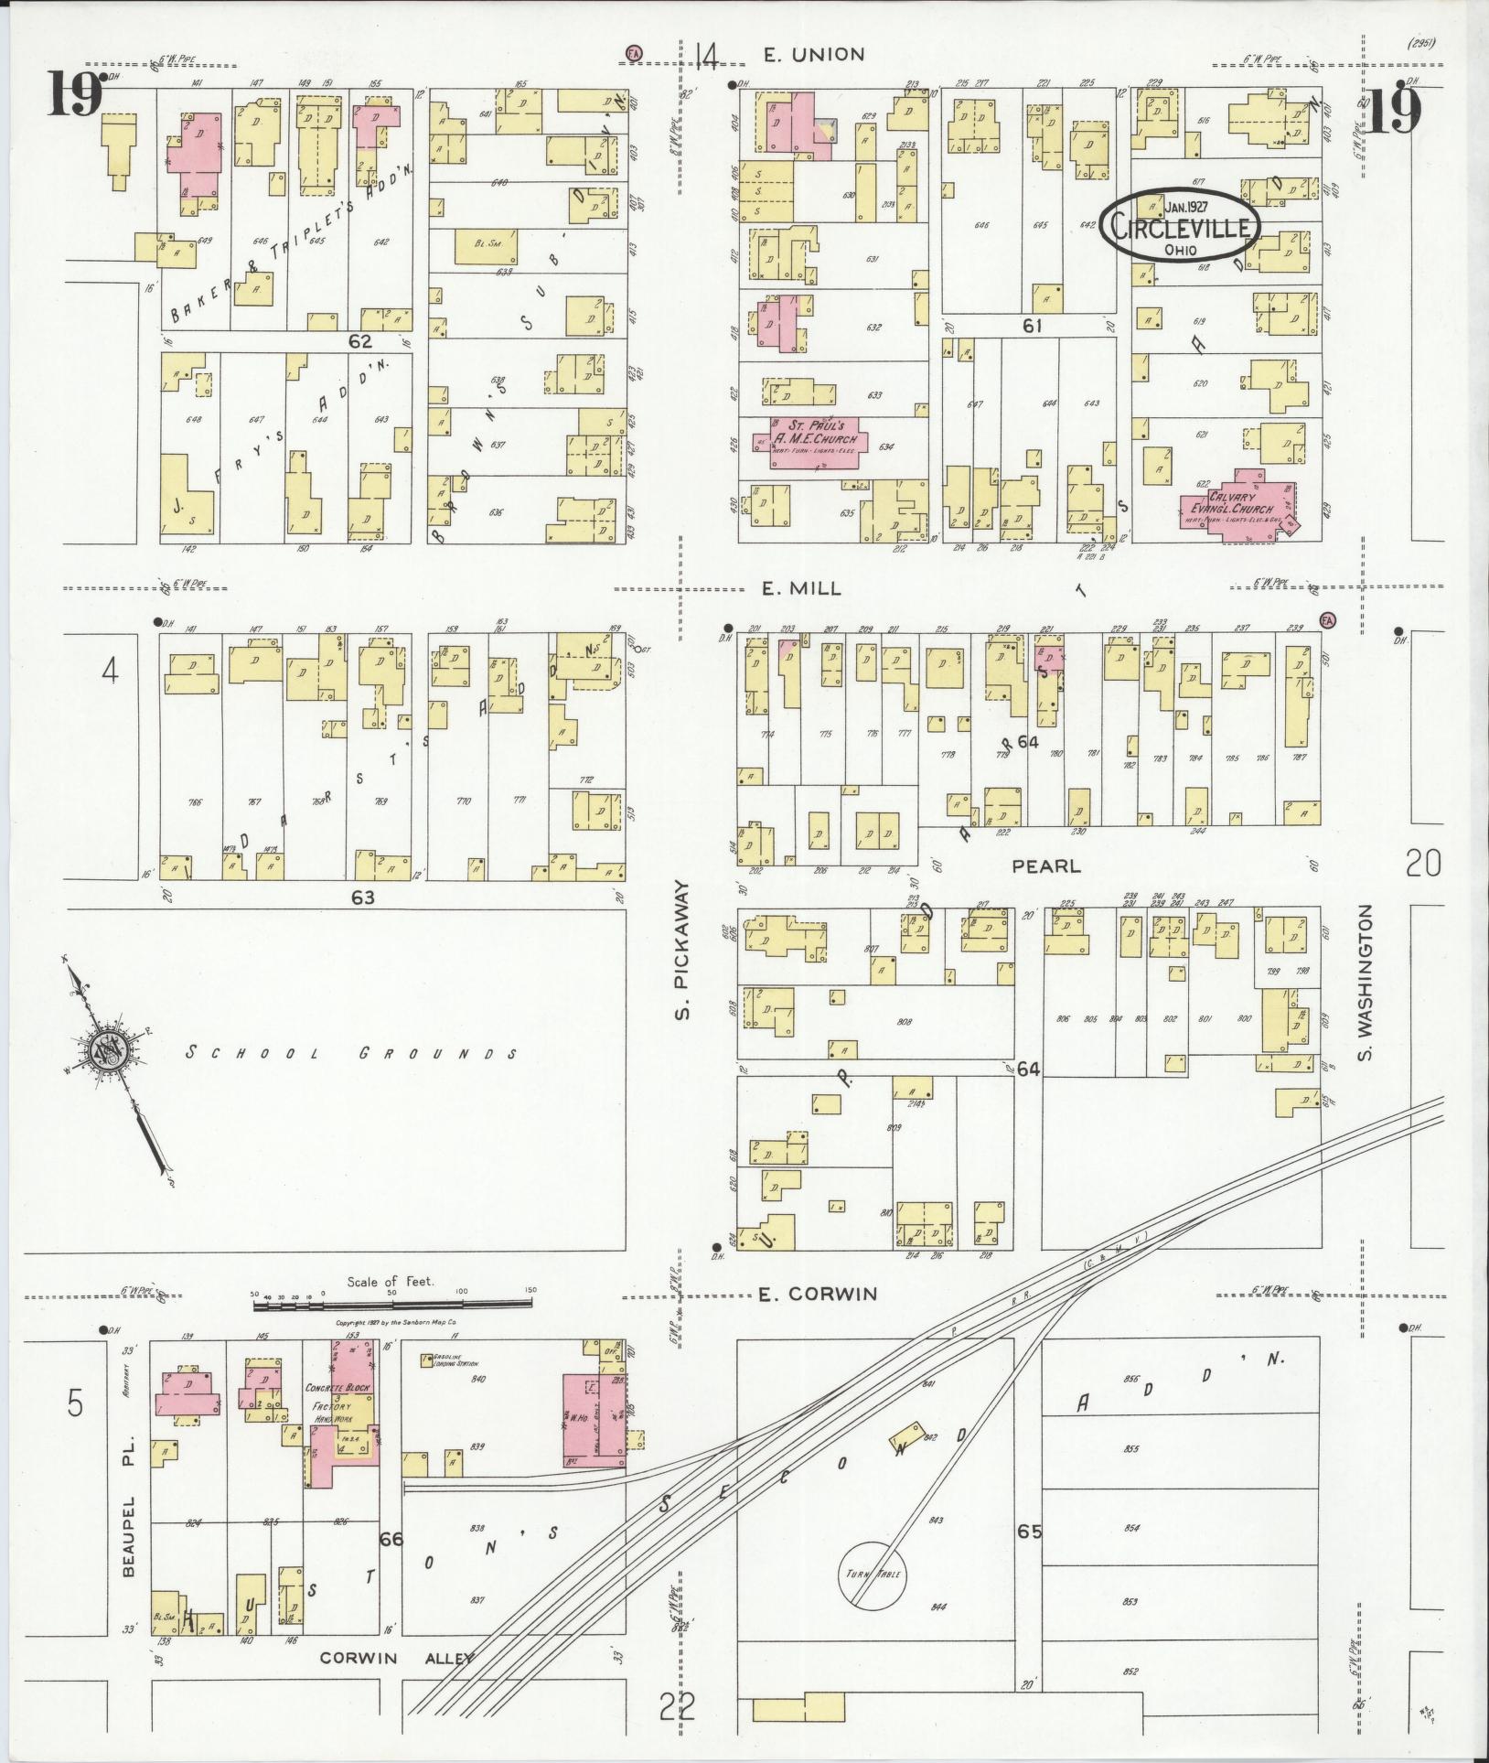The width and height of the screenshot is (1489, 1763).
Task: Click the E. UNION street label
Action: [813, 55]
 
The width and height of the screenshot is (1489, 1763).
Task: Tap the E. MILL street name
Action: [802, 589]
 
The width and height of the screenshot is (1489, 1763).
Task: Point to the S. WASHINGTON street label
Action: [1366, 984]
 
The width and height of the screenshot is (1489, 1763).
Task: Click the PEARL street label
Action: [1045, 865]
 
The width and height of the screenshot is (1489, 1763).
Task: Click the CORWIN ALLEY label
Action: [396, 1658]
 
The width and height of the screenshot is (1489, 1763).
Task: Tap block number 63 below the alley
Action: [363, 898]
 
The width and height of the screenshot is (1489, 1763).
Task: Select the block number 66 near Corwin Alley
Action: [391, 1540]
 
